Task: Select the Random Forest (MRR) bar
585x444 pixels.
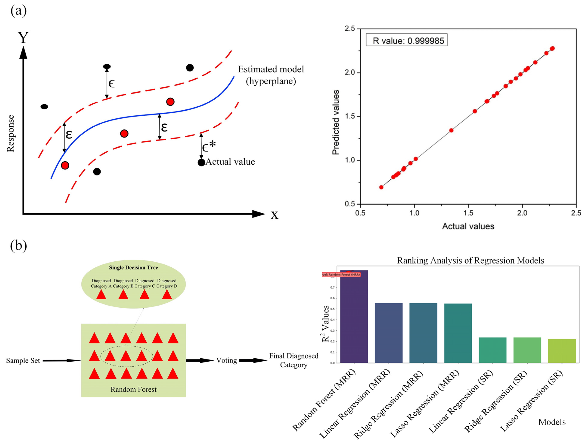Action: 354,317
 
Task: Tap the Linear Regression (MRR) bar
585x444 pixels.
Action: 389,333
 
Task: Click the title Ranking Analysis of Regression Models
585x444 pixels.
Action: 470,261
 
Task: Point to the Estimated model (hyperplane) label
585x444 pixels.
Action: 271,75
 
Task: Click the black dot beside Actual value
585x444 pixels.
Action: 201,162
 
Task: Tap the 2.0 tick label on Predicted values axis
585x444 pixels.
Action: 350,72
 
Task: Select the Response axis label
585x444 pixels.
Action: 10,133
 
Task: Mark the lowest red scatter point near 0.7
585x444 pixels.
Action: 381,187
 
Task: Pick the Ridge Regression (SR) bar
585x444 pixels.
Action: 527,350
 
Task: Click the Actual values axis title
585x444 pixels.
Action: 468,226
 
